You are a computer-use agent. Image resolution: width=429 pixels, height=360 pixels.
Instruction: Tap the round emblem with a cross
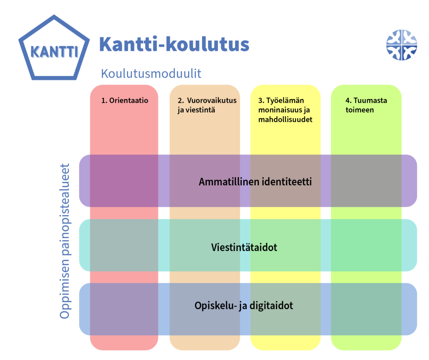(x=402, y=45)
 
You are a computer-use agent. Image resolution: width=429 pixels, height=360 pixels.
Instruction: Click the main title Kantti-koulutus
(x=174, y=44)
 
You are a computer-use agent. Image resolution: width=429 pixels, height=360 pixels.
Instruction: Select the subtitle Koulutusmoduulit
(x=151, y=73)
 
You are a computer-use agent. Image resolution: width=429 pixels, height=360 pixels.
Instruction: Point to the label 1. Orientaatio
(x=125, y=101)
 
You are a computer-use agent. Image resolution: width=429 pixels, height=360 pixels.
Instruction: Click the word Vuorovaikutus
(x=212, y=101)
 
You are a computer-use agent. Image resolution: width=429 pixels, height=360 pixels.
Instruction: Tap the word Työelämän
(x=285, y=101)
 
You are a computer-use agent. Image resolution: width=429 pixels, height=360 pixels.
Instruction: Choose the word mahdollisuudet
(x=285, y=119)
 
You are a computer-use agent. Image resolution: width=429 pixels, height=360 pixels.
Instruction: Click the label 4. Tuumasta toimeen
(x=366, y=105)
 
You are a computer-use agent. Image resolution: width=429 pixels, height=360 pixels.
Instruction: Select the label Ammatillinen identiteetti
(x=255, y=181)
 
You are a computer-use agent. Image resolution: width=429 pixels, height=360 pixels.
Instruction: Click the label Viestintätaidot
(x=244, y=247)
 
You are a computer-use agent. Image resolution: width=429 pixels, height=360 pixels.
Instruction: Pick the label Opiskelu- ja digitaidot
(x=244, y=305)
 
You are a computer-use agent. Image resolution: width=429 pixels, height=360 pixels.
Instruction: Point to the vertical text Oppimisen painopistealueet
(x=65, y=241)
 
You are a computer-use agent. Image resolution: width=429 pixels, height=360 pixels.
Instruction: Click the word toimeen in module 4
(x=359, y=110)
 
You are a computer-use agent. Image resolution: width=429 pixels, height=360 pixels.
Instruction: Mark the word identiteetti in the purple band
(x=287, y=181)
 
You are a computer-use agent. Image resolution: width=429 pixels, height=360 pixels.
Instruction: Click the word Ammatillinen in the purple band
(x=229, y=181)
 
